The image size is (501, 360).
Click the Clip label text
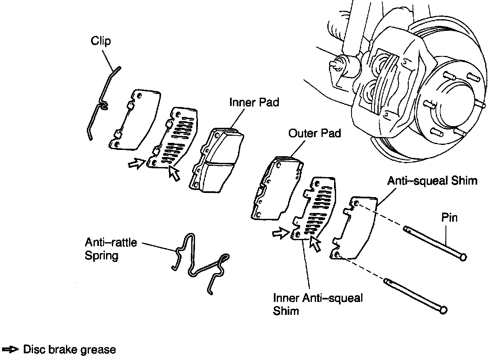(x=101, y=41)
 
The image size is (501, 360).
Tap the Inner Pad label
(x=254, y=102)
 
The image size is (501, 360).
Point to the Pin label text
(x=449, y=218)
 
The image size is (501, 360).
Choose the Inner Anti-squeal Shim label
(x=317, y=304)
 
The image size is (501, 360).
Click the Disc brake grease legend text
(x=69, y=349)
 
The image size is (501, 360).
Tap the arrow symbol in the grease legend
(x=10, y=349)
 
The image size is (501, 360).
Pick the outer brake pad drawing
(x=276, y=188)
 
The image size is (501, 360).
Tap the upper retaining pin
(x=434, y=242)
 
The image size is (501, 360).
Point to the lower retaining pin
(x=415, y=294)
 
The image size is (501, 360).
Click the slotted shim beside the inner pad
(x=175, y=138)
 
